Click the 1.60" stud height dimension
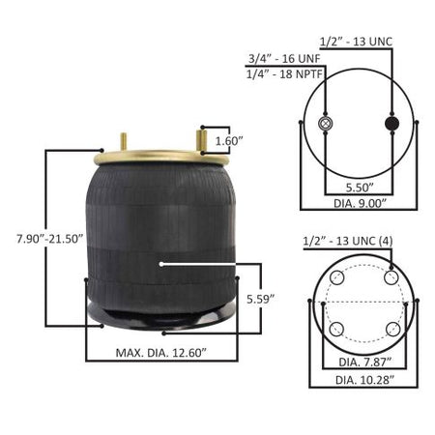click(x=228, y=141)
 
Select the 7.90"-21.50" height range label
click(x=50, y=239)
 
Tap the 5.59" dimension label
click(x=260, y=299)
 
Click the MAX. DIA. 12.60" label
click(x=160, y=353)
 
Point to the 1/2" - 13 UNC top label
click(x=356, y=42)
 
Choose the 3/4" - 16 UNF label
click(x=284, y=59)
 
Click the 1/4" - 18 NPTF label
click(x=284, y=74)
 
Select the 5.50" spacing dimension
click(x=360, y=188)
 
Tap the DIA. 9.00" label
click(x=360, y=203)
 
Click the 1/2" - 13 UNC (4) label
click(x=348, y=241)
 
